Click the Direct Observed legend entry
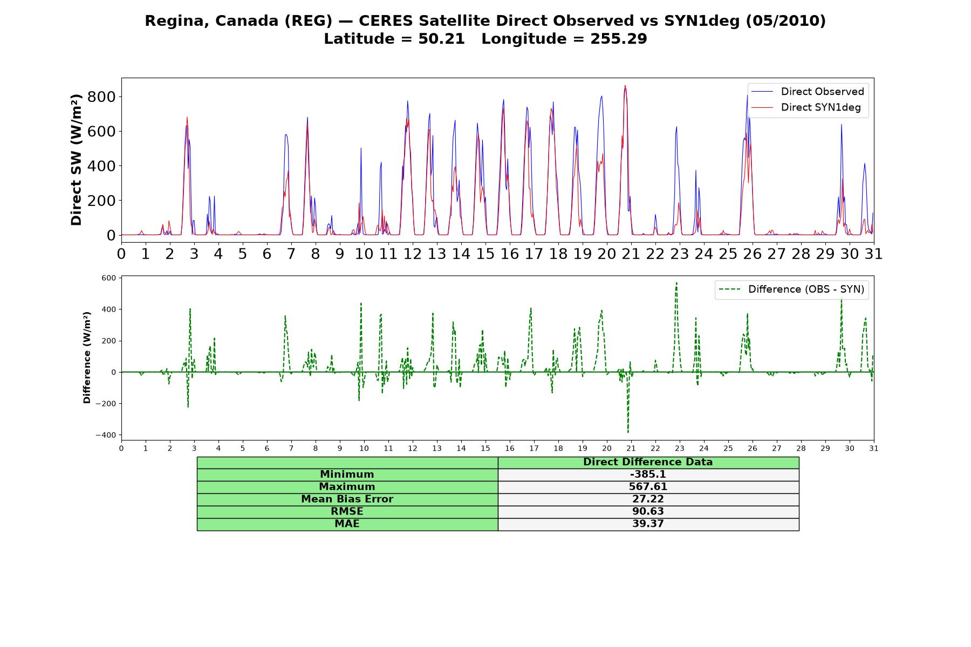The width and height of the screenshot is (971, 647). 807,92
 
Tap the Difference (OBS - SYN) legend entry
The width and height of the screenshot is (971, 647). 791,290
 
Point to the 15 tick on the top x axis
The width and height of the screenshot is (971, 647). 485,253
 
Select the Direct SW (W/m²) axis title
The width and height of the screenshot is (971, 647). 76,160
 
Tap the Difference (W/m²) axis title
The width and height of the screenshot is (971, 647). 87,357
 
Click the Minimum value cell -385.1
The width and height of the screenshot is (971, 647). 648,474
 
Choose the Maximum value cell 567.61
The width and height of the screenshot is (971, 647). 648,487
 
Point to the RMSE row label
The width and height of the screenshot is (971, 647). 347,512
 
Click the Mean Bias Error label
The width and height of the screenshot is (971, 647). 347,499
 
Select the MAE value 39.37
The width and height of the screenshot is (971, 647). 648,524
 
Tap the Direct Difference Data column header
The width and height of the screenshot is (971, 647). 648,462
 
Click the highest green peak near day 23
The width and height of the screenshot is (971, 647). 676,283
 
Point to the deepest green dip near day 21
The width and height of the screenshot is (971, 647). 628,432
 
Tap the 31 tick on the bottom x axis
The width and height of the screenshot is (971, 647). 874,449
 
